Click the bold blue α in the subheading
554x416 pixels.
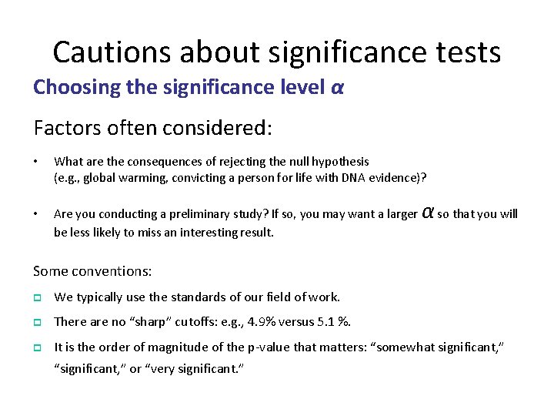click(x=337, y=88)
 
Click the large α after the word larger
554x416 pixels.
click(x=429, y=212)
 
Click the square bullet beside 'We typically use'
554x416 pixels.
click(x=37, y=297)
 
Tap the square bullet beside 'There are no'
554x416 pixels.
click(x=37, y=322)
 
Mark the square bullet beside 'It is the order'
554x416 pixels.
click(x=37, y=347)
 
